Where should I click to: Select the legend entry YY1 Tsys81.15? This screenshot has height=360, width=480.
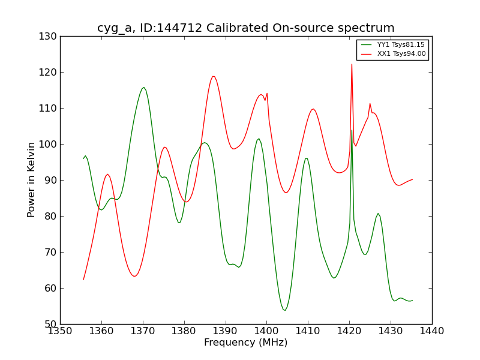point(401,45)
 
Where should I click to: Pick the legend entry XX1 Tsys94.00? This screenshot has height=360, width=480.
point(401,54)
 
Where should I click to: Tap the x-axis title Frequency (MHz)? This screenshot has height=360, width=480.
point(245,343)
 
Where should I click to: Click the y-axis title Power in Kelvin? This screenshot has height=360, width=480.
point(32,179)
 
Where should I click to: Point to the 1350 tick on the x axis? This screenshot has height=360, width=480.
point(60,331)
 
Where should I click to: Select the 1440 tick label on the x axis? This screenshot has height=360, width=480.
point(431,331)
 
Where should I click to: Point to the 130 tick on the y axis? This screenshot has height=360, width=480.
point(50,37)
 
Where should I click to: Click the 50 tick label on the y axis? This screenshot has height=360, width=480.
point(52,324)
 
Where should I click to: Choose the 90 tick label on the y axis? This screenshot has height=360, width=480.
point(52,180)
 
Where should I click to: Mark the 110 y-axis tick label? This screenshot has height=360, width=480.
point(50,108)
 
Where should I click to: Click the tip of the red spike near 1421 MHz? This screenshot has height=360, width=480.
point(352,64)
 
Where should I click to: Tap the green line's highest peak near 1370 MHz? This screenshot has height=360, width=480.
point(143,88)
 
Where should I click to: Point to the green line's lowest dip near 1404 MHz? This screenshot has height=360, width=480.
point(284,310)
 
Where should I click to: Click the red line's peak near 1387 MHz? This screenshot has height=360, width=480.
point(213,76)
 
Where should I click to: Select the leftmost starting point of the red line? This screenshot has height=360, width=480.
point(83,280)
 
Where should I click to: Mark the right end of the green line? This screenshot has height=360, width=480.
point(412,300)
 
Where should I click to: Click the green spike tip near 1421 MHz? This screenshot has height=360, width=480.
point(352,130)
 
